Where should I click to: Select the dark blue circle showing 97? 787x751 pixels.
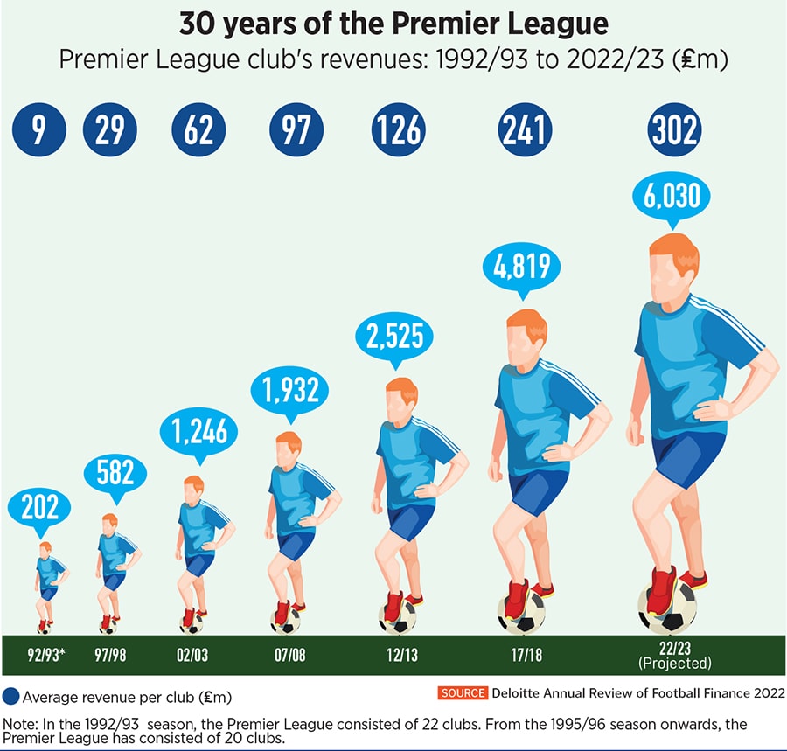click(296, 129)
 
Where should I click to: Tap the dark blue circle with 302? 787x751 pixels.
click(675, 129)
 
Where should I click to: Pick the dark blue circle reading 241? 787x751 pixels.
click(526, 129)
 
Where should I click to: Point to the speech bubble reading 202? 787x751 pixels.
click(39, 508)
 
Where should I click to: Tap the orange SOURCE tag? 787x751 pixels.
click(463, 692)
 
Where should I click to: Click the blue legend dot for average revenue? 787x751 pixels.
click(11, 697)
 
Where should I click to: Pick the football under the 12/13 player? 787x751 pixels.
click(398, 615)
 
